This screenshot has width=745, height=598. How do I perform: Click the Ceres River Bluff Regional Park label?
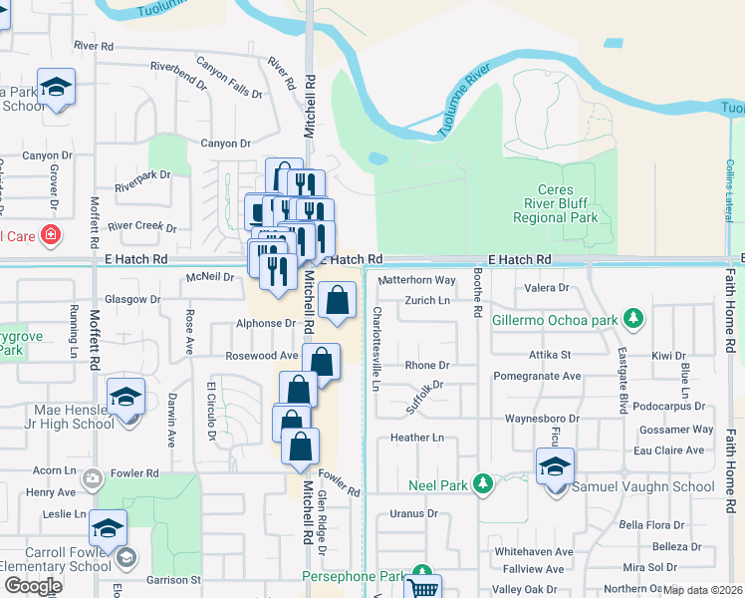point(568,203)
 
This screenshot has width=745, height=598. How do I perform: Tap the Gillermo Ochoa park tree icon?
point(633,320)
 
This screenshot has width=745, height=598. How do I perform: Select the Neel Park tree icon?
point(483,484)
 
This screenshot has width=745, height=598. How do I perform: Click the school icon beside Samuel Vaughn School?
point(555,465)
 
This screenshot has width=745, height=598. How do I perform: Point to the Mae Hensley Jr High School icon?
point(126,396)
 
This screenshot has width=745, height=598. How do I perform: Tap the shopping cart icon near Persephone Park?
point(425,586)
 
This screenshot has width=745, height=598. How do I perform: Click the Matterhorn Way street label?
point(417,281)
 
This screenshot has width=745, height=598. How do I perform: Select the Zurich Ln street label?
point(427,300)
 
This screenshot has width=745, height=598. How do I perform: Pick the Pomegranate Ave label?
point(543,377)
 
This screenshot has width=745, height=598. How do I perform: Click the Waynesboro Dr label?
point(542,419)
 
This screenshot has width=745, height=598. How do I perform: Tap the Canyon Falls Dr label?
point(229,80)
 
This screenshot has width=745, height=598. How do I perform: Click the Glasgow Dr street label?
point(133,299)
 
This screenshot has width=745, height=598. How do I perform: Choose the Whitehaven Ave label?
point(534,551)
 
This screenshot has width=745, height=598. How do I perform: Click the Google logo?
point(34,585)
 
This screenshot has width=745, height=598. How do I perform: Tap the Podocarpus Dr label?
point(668,407)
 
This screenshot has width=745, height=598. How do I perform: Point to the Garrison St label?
point(174,579)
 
